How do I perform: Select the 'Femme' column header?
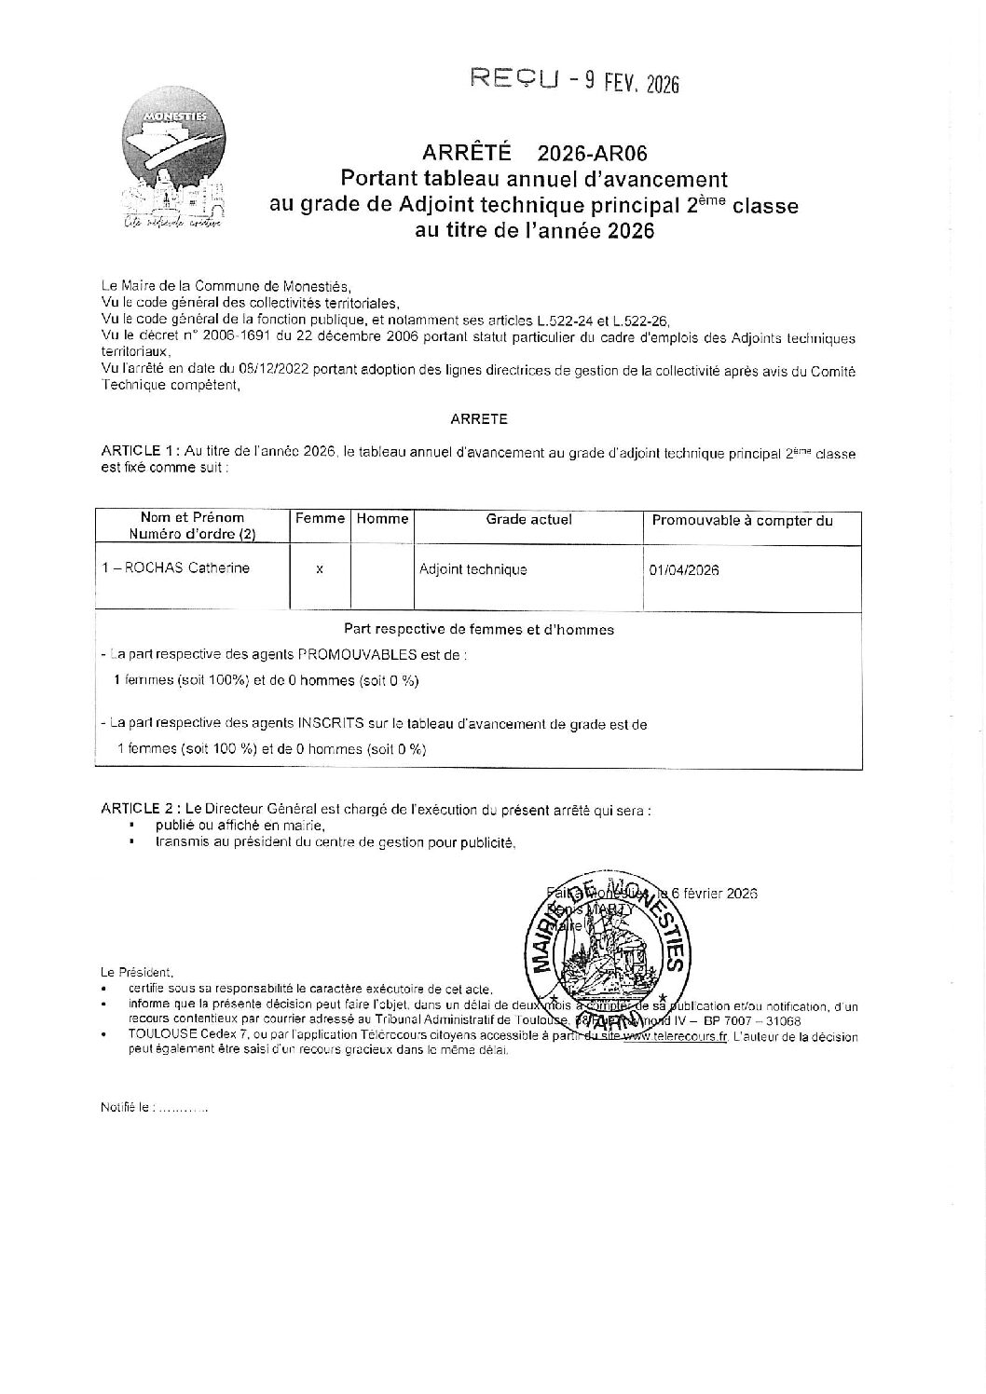point(320,519)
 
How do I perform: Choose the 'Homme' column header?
point(382,519)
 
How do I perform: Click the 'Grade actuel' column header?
point(528,519)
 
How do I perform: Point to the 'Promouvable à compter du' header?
point(742,521)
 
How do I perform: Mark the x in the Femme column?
point(320,569)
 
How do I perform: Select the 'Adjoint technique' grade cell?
point(473,569)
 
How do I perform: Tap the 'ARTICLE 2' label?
point(140,810)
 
